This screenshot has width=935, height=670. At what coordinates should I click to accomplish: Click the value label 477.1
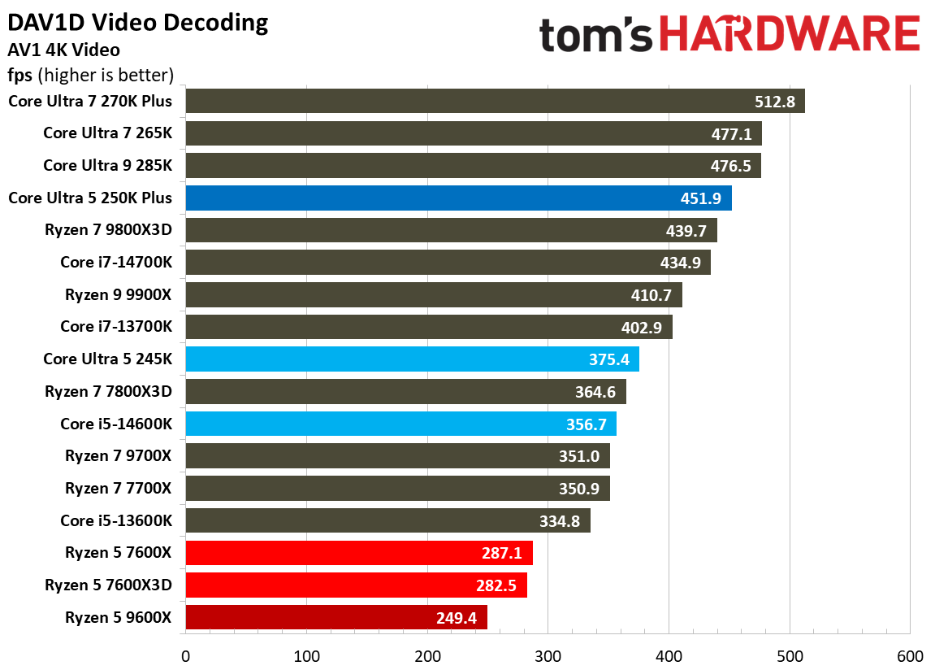click(732, 133)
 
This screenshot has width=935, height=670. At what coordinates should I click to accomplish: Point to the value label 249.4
click(457, 618)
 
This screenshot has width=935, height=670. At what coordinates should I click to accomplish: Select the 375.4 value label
click(609, 359)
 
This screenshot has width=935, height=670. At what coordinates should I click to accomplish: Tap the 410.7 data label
click(652, 295)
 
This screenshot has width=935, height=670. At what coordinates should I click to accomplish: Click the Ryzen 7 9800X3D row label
click(109, 230)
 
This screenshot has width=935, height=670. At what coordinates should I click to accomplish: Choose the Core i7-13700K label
click(116, 327)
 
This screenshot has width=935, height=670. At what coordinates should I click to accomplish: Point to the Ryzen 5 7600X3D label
click(109, 585)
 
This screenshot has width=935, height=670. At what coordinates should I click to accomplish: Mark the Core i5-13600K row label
click(116, 520)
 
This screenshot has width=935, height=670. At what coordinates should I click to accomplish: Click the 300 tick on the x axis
click(548, 656)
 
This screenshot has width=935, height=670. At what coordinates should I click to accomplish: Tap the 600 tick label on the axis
click(910, 656)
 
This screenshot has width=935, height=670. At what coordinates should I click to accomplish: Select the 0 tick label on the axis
click(186, 656)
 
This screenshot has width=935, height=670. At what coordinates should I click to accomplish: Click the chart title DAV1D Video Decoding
click(138, 23)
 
